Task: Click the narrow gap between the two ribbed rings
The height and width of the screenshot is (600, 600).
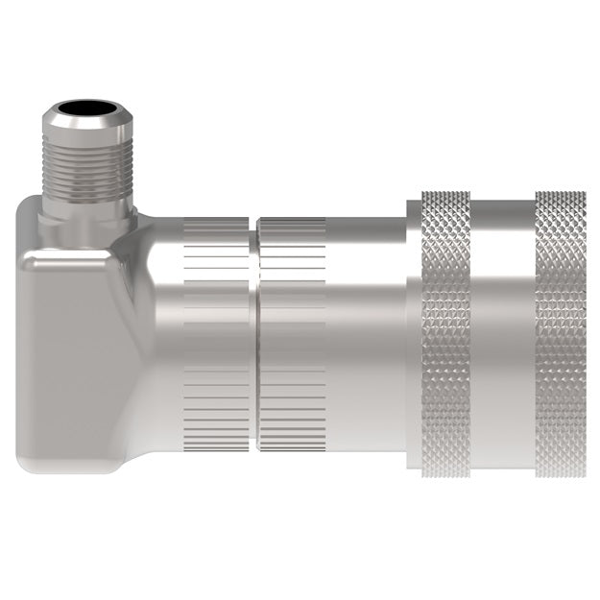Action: point(254,336)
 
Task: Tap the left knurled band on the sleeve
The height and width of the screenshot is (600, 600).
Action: point(446,336)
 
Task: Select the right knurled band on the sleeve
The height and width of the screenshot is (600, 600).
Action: point(561,336)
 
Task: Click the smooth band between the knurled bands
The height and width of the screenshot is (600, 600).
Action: point(503,336)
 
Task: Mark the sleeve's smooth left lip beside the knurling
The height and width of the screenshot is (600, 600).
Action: point(414,336)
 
